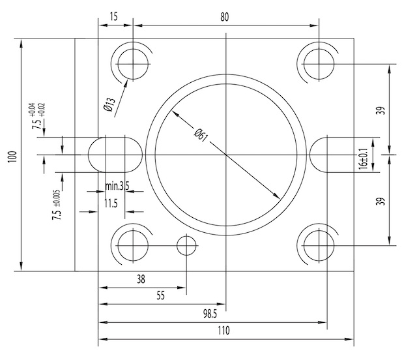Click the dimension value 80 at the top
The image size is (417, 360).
(x=225, y=18)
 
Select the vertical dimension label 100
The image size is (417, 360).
(x=11, y=156)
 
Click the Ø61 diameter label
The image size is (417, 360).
(x=201, y=135)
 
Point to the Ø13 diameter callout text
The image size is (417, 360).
(x=109, y=105)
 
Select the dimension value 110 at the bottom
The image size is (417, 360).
(x=223, y=331)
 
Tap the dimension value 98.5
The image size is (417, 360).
(x=209, y=314)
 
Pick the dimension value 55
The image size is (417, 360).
(x=160, y=295)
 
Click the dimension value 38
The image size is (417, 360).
(x=141, y=279)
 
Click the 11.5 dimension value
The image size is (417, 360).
(x=111, y=204)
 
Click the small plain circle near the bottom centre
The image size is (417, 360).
(x=187, y=246)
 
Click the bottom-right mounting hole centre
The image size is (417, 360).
(x=319, y=245)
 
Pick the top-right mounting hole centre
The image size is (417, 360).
(x=319, y=63)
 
